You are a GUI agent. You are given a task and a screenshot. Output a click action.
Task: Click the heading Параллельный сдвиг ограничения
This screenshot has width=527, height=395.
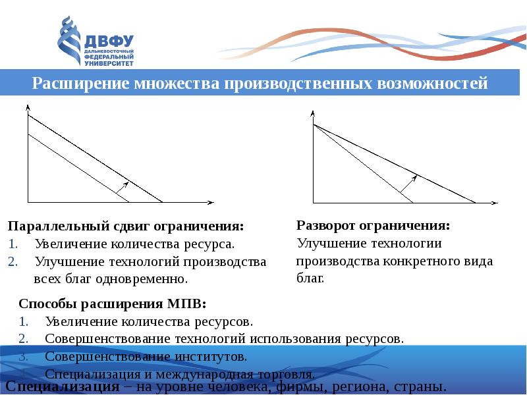coord(125,226)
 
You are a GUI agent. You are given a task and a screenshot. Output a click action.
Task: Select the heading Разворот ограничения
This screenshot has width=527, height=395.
coord(373,225)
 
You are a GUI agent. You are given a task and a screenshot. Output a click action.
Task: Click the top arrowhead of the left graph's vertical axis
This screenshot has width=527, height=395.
coord(28,107)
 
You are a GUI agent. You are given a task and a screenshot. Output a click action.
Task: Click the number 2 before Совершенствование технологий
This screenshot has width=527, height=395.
coord(23,339)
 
